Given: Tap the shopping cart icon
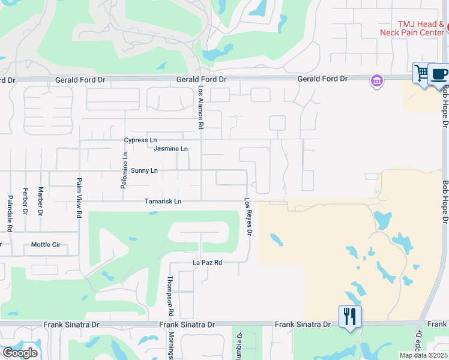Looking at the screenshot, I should (x=423, y=74).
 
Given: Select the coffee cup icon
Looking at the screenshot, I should (x=439, y=74).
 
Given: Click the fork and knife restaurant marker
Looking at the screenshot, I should (x=349, y=315).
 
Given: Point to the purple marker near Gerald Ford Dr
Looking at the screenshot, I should (x=377, y=81).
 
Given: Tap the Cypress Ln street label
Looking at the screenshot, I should (x=140, y=140).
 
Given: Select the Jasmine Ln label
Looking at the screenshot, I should (x=170, y=149).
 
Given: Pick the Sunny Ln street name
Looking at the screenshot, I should (x=144, y=171).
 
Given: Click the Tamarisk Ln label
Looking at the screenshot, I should (x=163, y=202).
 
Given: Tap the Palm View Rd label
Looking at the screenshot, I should (x=79, y=196).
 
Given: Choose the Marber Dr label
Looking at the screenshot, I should (x=41, y=201).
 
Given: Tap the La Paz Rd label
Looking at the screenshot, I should (x=207, y=263).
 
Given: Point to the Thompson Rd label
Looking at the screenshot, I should (x=170, y=296).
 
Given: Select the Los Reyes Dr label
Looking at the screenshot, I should (x=248, y=217).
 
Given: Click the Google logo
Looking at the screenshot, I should (x=20, y=352).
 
